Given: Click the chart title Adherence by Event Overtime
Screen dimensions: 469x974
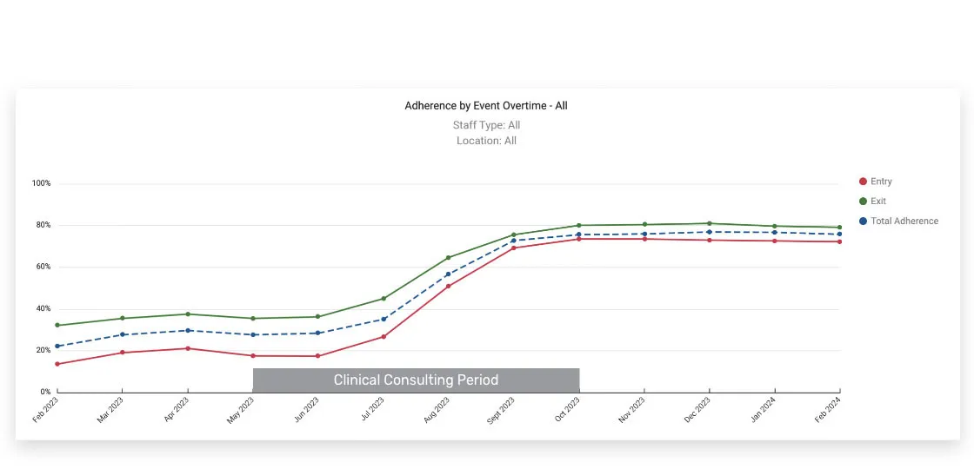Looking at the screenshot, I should (x=486, y=106).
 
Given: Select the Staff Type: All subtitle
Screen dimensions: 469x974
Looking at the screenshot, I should (x=486, y=125).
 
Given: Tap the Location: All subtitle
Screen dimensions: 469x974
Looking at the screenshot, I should (x=486, y=141).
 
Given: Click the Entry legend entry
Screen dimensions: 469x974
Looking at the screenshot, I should (x=881, y=182).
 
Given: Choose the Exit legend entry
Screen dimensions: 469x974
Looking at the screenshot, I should (x=878, y=201).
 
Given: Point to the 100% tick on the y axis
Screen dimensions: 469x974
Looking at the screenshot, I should (x=42, y=184).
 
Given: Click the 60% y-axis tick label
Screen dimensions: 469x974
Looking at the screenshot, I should (x=43, y=268).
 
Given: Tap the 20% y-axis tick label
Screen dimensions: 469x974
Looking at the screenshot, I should (x=43, y=351).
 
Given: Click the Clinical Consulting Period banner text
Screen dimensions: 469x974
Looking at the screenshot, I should (x=416, y=380).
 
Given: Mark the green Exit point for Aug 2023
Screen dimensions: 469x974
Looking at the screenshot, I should (x=448, y=258).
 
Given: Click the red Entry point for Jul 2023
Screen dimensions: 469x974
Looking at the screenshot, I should (x=384, y=337).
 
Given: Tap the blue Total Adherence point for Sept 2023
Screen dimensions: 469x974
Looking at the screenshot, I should (x=513, y=241).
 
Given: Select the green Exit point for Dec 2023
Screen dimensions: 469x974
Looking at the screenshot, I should (x=709, y=223).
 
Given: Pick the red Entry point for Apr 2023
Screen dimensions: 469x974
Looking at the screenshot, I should (x=188, y=348).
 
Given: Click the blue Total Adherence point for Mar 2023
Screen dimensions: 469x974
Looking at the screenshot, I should (x=123, y=334).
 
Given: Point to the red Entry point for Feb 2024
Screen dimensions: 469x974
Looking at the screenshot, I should (x=839, y=241).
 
